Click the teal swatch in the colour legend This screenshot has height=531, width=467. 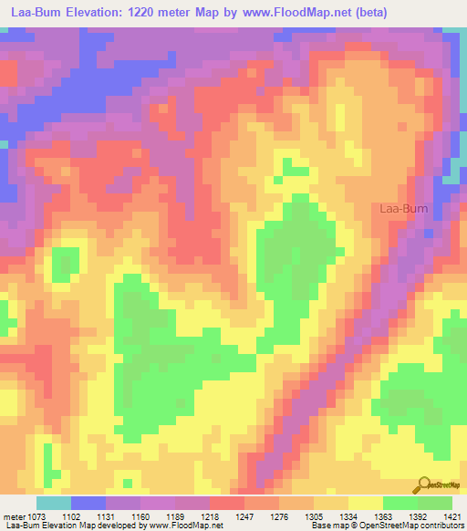pyautogui.click(x=54, y=503)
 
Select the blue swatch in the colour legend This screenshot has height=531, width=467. pyautogui.click(x=88, y=503)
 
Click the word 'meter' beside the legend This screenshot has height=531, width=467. pyautogui.click(x=14, y=516)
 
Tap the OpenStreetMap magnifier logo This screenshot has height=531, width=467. pyautogui.click(x=425, y=484)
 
